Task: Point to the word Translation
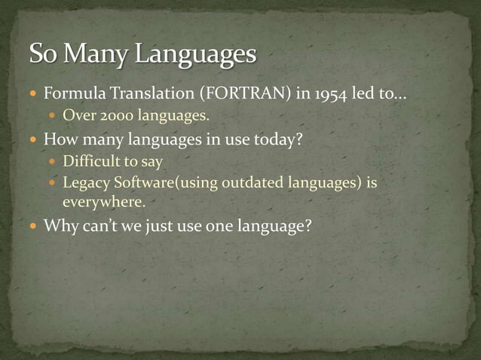(139, 96)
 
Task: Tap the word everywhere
(103, 202)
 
